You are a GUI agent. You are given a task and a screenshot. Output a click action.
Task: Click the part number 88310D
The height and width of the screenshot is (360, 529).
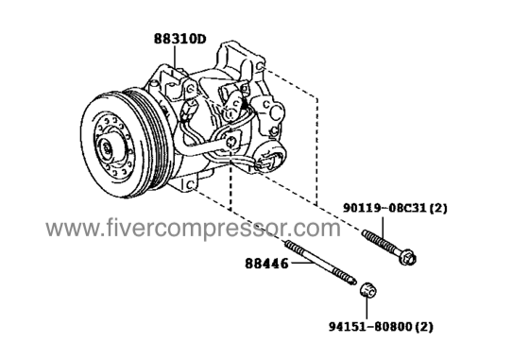click(x=180, y=41)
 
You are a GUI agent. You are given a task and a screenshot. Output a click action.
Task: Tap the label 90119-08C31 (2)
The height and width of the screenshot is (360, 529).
click(x=407, y=204)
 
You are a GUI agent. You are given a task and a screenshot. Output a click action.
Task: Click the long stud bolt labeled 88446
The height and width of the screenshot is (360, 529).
click(x=326, y=269)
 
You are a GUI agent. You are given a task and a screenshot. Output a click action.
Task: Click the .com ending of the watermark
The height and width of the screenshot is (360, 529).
click(x=320, y=230)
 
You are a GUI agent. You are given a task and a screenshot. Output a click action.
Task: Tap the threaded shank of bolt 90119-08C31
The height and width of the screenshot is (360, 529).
click(x=382, y=241)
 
